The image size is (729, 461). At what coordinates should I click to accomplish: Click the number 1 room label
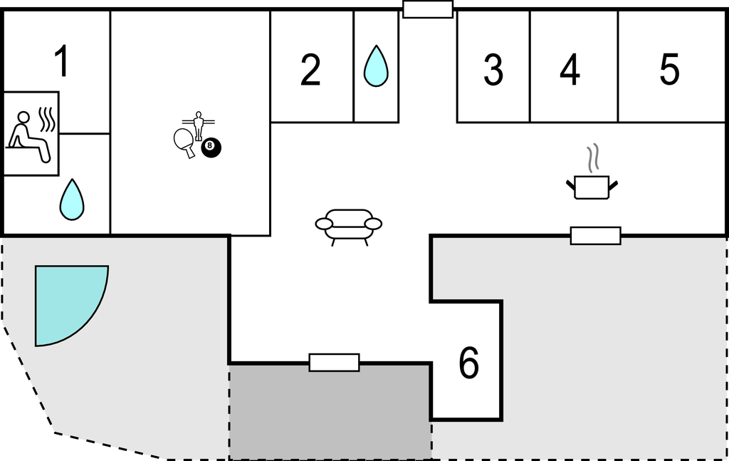(x=62, y=61)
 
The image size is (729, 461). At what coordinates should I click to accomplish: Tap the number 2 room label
(x=310, y=70)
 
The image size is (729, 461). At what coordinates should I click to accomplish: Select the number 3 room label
(x=493, y=70)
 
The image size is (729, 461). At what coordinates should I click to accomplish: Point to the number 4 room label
(x=570, y=70)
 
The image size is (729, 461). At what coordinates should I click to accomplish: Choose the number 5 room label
(x=669, y=70)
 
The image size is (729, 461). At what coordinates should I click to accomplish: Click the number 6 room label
(x=468, y=363)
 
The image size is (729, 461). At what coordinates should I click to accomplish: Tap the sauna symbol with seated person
(x=31, y=134)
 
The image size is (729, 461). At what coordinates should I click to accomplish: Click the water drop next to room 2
(x=376, y=66)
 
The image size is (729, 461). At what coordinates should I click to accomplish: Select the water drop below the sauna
(x=72, y=200)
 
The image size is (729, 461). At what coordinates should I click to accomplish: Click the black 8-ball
(x=211, y=147)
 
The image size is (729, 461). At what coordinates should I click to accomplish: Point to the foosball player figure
(x=199, y=125)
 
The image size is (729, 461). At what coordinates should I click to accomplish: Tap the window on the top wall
(x=428, y=9)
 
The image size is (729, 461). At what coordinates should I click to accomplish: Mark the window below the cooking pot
(x=596, y=236)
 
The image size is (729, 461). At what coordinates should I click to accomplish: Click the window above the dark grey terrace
(x=335, y=363)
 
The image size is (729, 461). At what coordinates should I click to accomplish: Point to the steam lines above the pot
(x=592, y=157)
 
